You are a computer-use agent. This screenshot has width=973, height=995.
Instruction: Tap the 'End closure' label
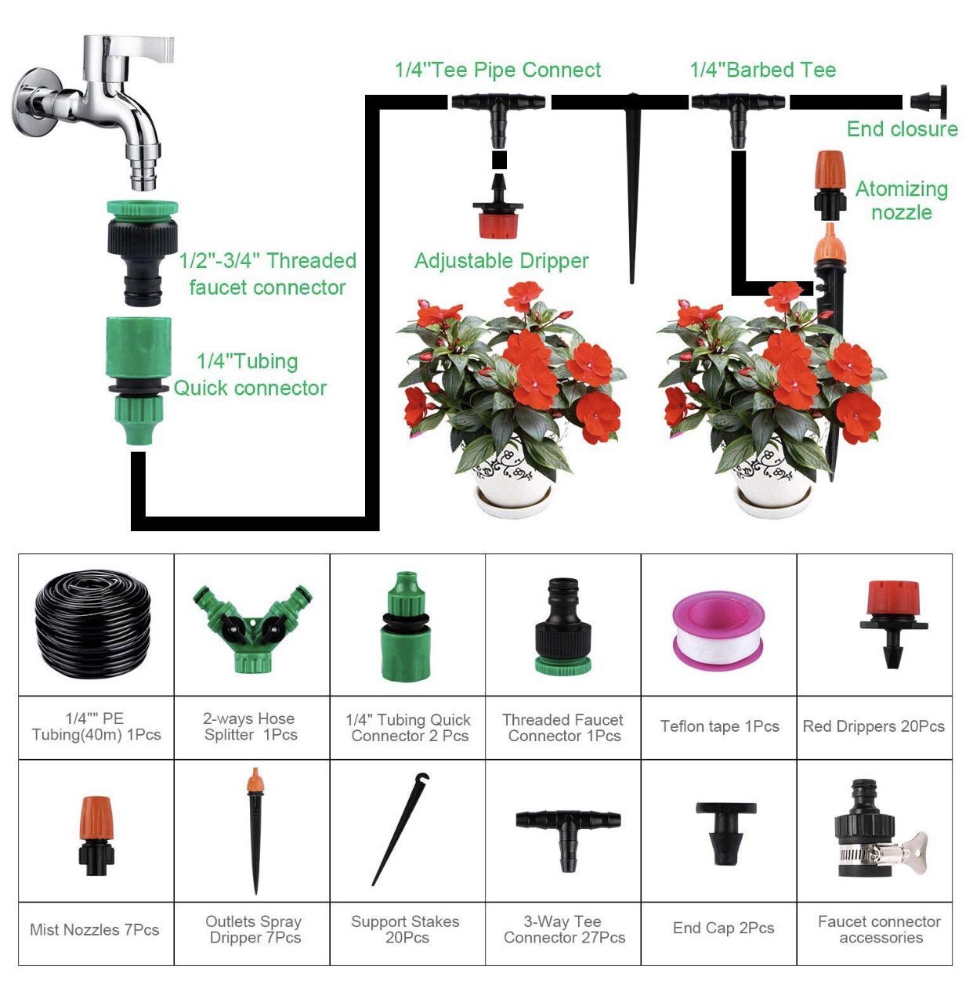(x=902, y=129)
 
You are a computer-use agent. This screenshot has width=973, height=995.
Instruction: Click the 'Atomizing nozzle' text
(x=901, y=201)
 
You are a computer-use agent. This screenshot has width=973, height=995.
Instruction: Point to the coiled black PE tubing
(x=92, y=624)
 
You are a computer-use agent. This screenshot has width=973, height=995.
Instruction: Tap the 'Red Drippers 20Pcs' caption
(x=874, y=726)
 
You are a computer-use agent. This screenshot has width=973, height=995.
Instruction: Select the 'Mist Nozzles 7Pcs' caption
(x=94, y=930)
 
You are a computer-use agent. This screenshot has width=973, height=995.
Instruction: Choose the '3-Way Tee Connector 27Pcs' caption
(x=564, y=930)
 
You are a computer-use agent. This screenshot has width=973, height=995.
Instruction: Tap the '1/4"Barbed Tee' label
(x=762, y=70)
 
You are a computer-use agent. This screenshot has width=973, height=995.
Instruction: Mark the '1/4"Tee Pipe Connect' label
(x=497, y=70)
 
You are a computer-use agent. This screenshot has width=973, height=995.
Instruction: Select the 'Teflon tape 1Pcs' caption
(x=719, y=726)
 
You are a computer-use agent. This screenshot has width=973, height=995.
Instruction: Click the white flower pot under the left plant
(x=514, y=490)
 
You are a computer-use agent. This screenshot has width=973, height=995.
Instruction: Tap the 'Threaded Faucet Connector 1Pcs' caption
(x=562, y=728)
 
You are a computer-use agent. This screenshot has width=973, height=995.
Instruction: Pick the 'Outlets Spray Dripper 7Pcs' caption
(x=254, y=930)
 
